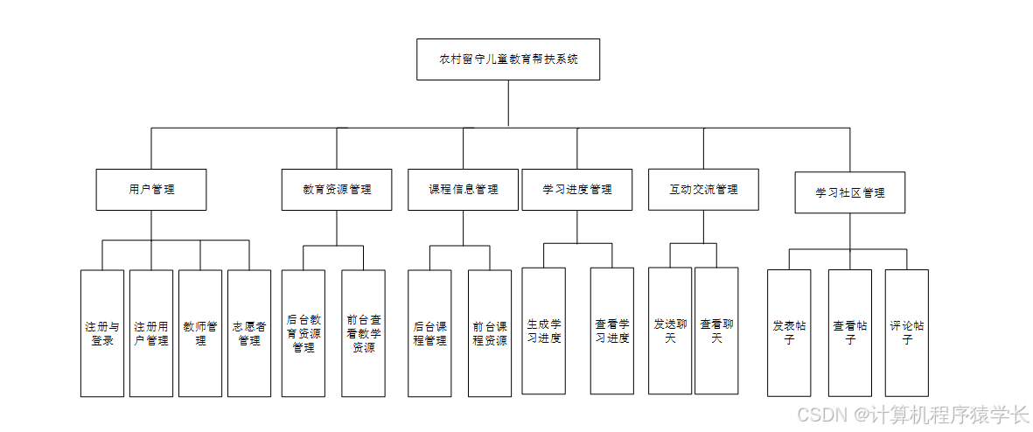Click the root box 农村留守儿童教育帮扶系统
[507, 59]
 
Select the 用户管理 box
[151, 189]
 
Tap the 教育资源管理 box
[337, 189]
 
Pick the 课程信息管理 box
[463, 189]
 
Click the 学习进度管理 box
[576, 189]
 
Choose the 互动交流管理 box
[703, 189]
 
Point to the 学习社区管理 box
[849, 192]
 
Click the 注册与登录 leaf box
[102, 332]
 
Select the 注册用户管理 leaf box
[151, 332]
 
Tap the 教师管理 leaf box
[200, 332]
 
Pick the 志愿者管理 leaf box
[249, 332]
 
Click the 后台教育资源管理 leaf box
[304, 332]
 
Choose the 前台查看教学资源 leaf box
[363, 332]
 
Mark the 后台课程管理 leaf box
[429, 332]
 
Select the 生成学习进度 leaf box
[543, 331]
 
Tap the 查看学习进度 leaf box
[611, 331]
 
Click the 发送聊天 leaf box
[670, 331]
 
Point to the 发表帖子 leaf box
[789, 332]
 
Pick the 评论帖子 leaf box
[906, 332]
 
